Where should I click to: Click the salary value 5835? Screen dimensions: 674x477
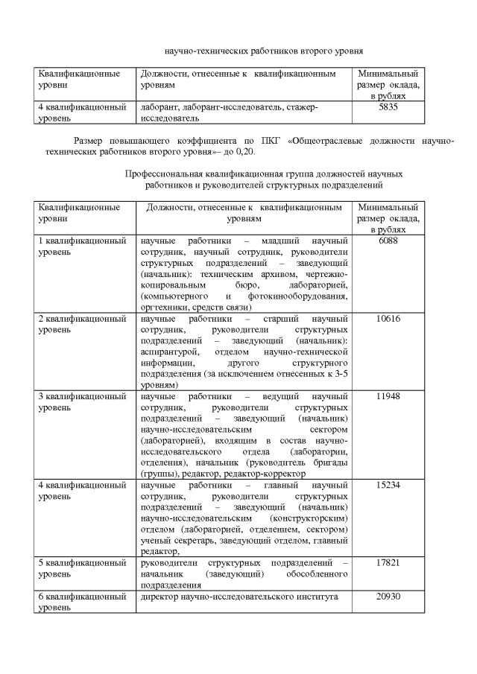[x=388, y=107]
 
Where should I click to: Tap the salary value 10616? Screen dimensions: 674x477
[x=388, y=319]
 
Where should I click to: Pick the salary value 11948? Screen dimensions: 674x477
[x=388, y=396]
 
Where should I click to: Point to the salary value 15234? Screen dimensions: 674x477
[x=388, y=485]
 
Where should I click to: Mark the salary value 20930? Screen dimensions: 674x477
[x=388, y=597]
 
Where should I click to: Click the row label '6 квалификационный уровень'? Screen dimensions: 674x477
[x=82, y=603]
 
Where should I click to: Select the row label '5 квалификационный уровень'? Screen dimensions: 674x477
[x=82, y=568]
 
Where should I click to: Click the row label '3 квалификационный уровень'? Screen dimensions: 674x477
[x=82, y=401]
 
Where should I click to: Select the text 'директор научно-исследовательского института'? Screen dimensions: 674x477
[x=239, y=597]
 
